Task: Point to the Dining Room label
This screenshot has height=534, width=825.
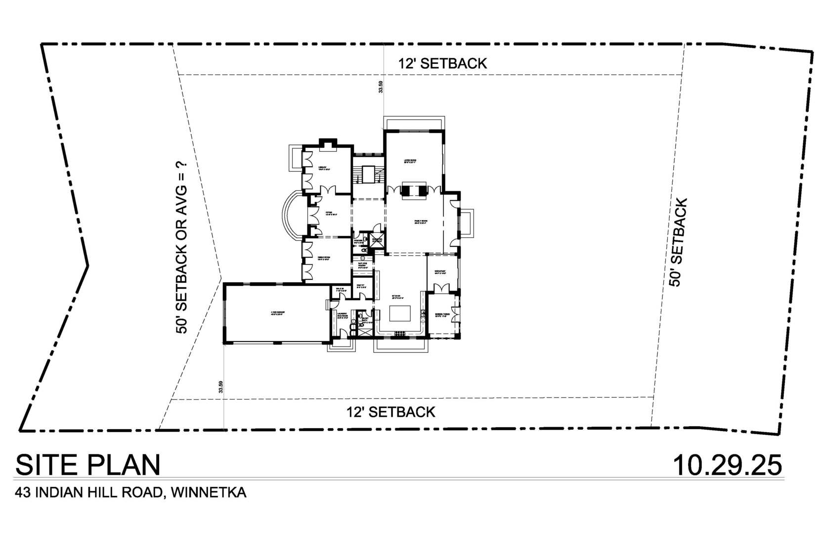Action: tap(324, 258)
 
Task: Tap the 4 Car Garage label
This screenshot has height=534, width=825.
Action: tap(277, 313)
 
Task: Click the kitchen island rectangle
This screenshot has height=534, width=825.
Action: tap(401, 313)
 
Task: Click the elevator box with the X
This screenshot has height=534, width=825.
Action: tap(377, 241)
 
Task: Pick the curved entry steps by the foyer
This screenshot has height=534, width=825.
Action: tap(288, 216)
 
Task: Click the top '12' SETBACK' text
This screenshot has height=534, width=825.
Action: tap(442, 63)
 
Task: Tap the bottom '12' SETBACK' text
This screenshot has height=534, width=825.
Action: tap(391, 411)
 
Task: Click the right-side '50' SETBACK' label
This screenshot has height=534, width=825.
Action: tap(678, 242)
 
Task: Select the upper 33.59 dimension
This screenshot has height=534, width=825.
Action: tap(380, 87)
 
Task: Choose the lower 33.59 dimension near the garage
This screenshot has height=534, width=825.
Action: tap(221, 387)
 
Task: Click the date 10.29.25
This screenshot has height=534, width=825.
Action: tap(728, 465)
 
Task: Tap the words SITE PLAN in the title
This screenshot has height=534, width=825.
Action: tap(88, 465)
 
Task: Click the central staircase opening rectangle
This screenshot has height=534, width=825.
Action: tap(369, 175)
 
